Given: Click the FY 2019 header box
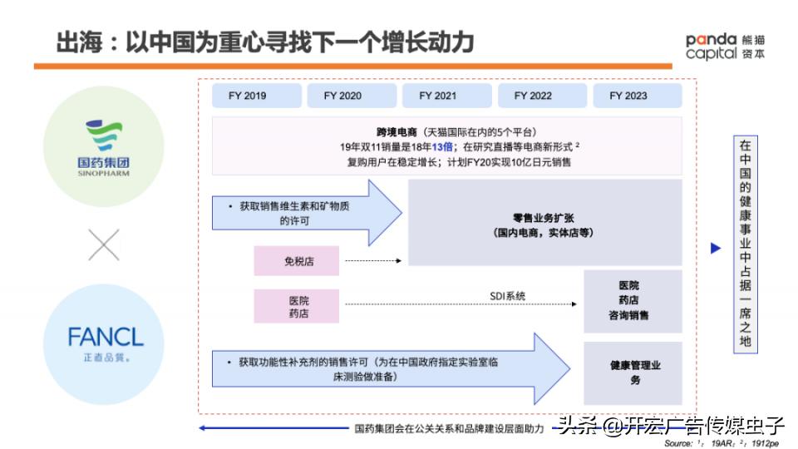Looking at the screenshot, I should click(x=248, y=96).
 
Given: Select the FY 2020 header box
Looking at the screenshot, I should click(x=342, y=96).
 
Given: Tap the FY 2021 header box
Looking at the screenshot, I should click(x=438, y=96).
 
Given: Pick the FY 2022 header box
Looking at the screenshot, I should click(x=533, y=96).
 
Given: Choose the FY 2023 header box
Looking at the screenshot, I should click(x=628, y=96).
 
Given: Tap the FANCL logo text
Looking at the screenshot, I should click(x=106, y=338).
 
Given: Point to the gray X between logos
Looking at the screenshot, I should click(x=104, y=245).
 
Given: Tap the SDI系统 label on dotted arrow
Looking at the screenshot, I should click(x=507, y=296).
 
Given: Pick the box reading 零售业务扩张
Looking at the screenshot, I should click(x=544, y=222).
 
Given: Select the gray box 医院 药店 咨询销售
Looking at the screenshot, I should click(x=633, y=301).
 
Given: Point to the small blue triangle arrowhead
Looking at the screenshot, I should click(x=716, y=248).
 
